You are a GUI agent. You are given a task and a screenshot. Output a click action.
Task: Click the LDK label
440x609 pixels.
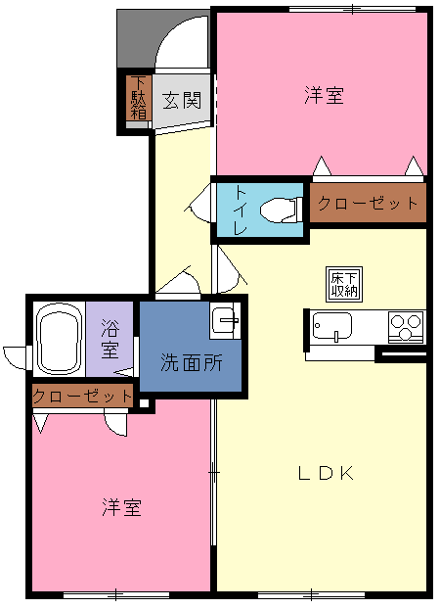pos(326,473)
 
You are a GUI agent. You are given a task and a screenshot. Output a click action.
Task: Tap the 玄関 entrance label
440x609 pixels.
pos(182,100)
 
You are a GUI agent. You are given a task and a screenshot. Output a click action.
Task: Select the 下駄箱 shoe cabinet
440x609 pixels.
pos(138,98)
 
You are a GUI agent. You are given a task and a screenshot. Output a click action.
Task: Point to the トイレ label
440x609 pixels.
pos(240,211)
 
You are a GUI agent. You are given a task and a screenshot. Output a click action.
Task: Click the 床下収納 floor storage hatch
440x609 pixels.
pos(344,284)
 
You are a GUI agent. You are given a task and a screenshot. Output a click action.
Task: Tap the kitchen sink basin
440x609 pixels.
pos(332,326)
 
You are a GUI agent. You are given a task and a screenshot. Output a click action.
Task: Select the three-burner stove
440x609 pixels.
pos(406,327)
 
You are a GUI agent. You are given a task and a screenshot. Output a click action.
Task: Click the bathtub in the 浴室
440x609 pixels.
pos(59,339)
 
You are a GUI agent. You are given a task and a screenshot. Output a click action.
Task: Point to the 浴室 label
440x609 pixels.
pos(110,339)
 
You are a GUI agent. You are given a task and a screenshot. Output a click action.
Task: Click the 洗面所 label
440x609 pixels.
pos(192,363)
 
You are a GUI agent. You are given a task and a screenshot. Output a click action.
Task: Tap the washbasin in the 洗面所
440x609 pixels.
pos(225,320)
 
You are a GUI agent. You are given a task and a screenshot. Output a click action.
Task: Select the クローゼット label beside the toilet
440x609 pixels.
pos(368,203)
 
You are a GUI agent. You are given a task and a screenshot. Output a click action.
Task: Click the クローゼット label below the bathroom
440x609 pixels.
pos(82,397)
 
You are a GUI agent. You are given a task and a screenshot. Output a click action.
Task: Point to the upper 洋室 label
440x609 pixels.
pos(324,95)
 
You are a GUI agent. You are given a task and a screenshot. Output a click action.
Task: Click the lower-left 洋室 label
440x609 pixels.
pos(121,507)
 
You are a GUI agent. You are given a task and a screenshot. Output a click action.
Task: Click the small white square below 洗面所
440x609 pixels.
pos(144,403)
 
